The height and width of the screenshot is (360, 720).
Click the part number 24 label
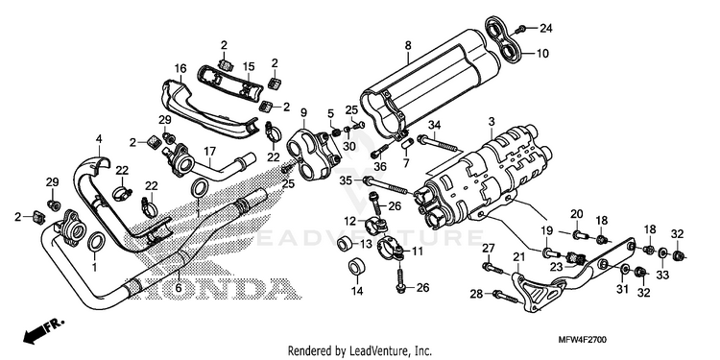click(545, 29)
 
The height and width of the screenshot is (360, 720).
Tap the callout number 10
click(542, 54)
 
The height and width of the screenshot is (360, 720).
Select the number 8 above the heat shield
click(408, 45)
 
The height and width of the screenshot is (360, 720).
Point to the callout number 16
click(180, 69)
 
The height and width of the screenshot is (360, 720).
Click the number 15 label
click(249, 66)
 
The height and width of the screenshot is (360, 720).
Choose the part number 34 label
click(434, 124)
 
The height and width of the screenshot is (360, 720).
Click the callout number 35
click(346, 180)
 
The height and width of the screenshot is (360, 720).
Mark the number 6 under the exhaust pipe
click(179, 288)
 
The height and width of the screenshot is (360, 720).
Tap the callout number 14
click(357, 291)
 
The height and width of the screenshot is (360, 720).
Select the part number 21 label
click(518, 256)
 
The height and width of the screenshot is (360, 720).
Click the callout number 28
click(476, 294)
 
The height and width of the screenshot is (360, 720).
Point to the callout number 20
click(576, 213)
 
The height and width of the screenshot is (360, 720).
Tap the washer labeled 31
click(625, 269)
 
